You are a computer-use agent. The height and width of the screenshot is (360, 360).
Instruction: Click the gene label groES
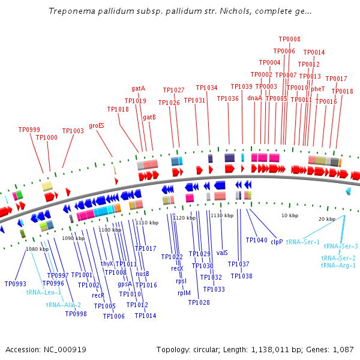[97, 126]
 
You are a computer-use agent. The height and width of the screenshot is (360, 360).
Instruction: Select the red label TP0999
[29, 130]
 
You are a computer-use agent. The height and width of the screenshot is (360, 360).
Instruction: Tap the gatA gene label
[139, 89]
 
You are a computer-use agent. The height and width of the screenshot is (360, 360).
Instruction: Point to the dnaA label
[254, 98]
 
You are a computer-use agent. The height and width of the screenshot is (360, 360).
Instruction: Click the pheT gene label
[318, 89]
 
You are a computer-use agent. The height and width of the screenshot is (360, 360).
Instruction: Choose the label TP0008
[290, 39]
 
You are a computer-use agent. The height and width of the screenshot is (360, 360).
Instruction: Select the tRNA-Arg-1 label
[338, 265]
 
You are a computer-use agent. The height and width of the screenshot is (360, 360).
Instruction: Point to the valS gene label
[222, 253]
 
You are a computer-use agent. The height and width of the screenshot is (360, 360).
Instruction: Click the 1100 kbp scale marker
[110, 230]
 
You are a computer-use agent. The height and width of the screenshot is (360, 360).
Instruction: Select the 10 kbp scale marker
[290, 215]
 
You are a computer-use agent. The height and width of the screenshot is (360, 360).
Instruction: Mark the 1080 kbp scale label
[37, 249]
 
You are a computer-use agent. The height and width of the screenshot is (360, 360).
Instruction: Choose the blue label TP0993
[15, 284]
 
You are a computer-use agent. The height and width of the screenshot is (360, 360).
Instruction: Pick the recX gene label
[177, 268]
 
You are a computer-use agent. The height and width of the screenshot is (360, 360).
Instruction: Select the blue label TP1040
[256, 240]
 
